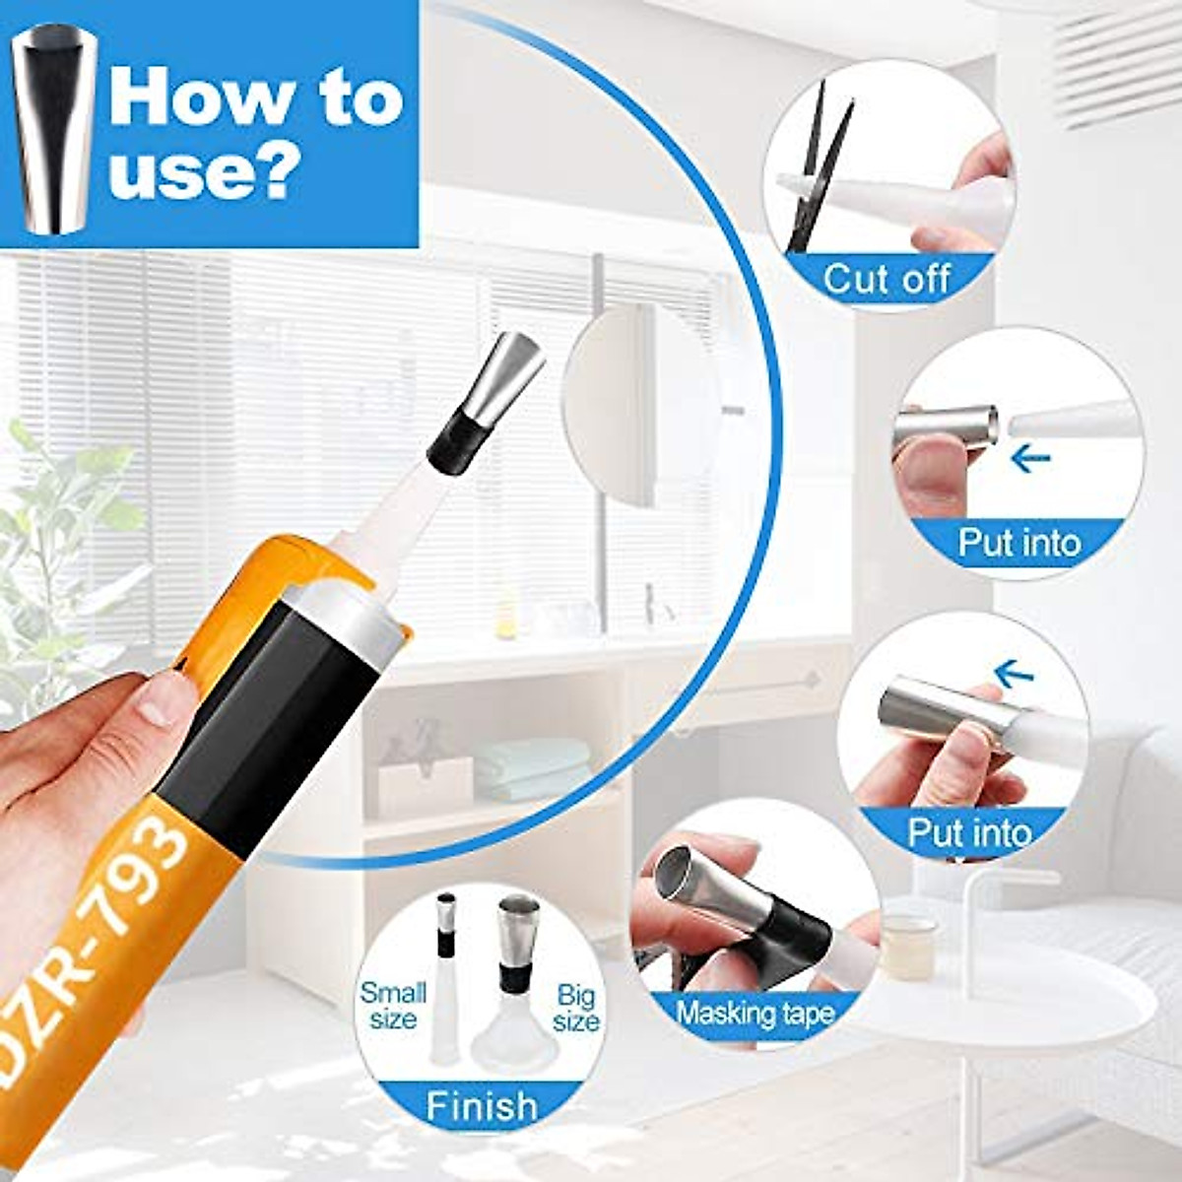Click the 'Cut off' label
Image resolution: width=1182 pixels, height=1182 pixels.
click(886, 279)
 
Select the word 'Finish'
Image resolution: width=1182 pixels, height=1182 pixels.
click(482, 1105)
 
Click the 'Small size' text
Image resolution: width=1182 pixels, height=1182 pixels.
click(393, 1006)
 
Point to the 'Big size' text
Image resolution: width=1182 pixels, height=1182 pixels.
click(575, 1008)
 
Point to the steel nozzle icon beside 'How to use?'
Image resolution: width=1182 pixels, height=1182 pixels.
click(54, 128)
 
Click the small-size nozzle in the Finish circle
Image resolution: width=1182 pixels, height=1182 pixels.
click(447, 946)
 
